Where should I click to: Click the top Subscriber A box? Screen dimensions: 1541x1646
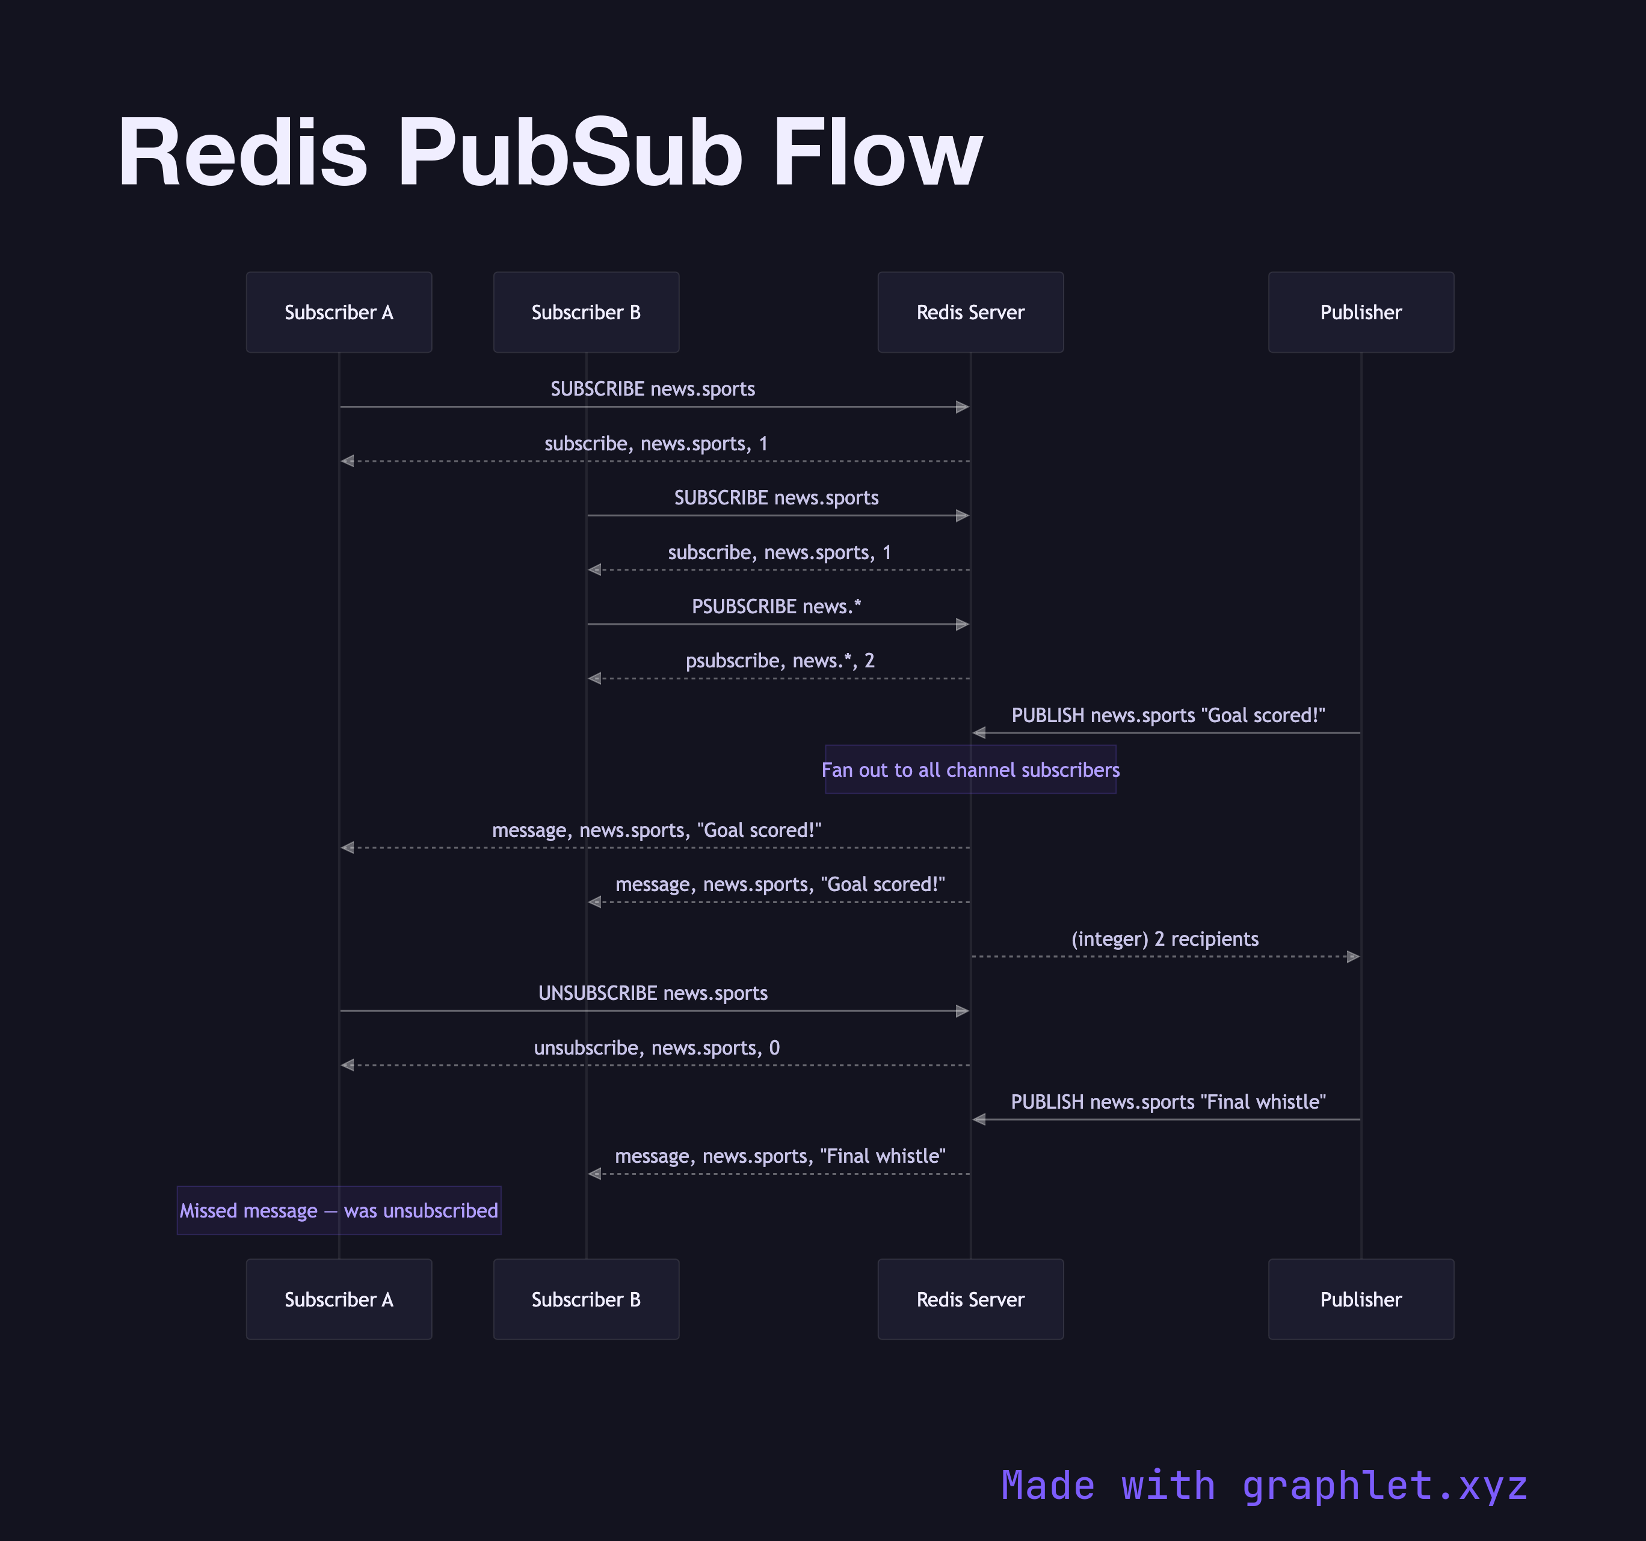pyautogui.click(x=339, y=312)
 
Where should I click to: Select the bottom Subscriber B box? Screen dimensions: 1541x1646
pyautogui.click(x=585, y=1299)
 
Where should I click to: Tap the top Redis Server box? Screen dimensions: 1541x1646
pyautogui.click(x=970, y=312)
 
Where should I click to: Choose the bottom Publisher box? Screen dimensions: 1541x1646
pyautogui.click(x=1360, y=1299)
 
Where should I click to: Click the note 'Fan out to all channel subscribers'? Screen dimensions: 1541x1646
pyautogui.click(x=970, y=770)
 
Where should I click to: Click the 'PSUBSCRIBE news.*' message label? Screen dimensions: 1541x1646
pyautogui.click(x=776, y=607)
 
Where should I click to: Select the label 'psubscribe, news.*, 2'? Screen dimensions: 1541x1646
pyautogui.click(x=779, y=660)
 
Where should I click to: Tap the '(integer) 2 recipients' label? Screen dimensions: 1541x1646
pyautogui.click(x=1164, y=939)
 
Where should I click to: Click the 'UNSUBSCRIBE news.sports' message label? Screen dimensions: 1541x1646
pyautogui.click(x=652, y=993)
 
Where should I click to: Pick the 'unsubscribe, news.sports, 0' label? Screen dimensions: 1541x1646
pyautogui.click(x=656, y=1048)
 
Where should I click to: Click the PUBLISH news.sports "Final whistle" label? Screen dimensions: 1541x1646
pyautogui.click(x=1168, y=1101)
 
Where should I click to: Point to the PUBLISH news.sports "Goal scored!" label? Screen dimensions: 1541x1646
pyautogui.click(x=1168, y=715)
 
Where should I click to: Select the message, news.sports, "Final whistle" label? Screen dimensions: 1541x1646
pyautogui.click(x=779, y=1156)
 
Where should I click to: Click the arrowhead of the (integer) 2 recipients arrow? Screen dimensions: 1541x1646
pyautogui.click(x=1354, y=957)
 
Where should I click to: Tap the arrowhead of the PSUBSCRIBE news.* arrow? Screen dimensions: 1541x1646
pyautogui.click(x=962, y=624)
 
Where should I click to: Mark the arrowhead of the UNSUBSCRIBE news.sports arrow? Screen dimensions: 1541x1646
pyautogui.click(x=962, y=1011)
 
